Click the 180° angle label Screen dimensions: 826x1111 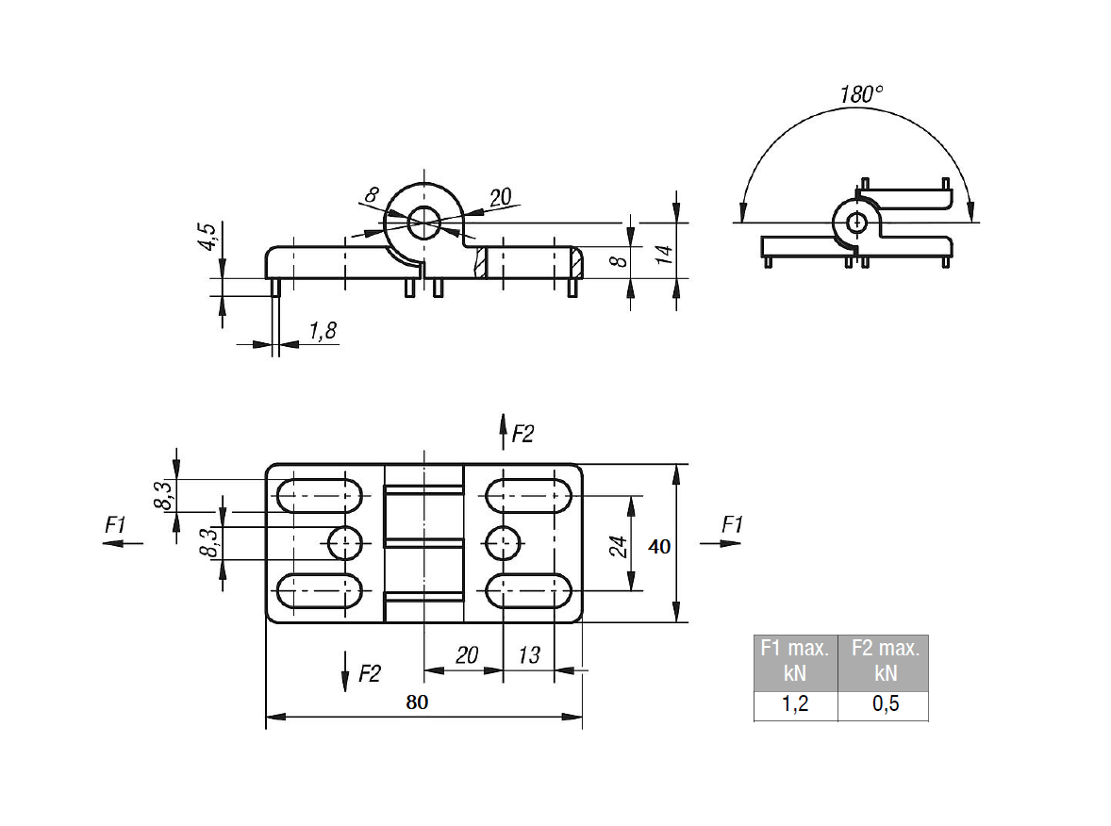click(x=861, y=94)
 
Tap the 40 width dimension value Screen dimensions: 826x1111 click(x=660, y=546)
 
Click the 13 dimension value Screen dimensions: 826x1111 click(x=529, y=655)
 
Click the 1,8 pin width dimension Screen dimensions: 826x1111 click(x=323, y=330)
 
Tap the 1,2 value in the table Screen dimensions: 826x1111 click(x=795, y=705)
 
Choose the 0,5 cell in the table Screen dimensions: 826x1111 click(x=885, y=705)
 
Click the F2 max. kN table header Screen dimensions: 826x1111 click(x=885, y=661)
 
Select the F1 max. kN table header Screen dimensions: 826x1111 click(x=795, y=661)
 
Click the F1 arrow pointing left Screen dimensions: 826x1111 click(x=124, y=542)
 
